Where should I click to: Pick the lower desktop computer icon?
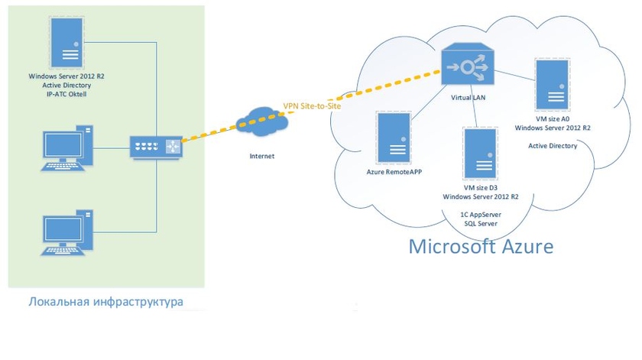(x=68, y=234)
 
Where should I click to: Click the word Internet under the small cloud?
(x=262, y=156)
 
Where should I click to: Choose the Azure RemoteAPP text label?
(x=394, y=172)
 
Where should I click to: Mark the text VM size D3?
(x=481, y=186)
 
